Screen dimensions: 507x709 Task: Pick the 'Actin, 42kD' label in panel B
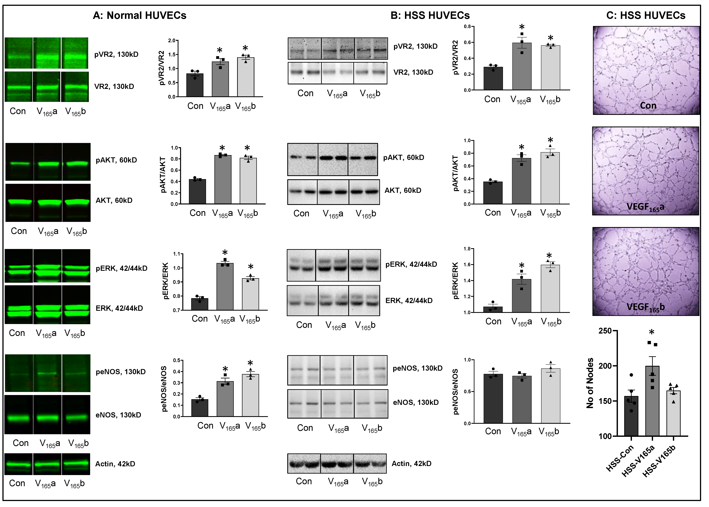coord(411,464)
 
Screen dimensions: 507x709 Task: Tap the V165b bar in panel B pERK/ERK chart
coord(550,289)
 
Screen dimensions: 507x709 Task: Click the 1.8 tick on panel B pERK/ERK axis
coord(467,249)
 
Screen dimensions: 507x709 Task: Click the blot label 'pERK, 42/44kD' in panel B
coord(411,264)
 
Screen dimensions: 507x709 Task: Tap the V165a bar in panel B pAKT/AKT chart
coord(522,181)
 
